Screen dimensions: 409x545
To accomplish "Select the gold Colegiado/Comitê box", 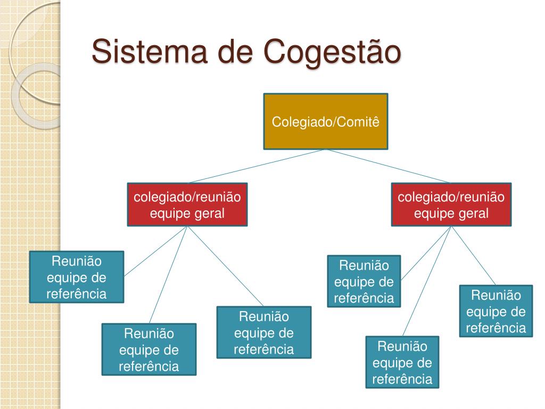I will coord(326,121).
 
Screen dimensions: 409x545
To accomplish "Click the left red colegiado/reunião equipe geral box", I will coord(187,205).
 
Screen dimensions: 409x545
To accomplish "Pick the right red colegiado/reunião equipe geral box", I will coord(451,205).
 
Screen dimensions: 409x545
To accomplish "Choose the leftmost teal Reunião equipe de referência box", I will coord(77,277).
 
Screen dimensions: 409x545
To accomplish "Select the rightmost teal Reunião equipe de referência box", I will coord(496,311).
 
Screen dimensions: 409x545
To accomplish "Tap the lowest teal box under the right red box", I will coord(402,362).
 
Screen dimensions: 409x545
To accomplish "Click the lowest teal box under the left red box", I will coord(149,349).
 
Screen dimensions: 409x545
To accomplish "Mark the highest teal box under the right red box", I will coord(364,281).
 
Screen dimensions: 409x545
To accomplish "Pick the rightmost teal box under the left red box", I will coord(264,332).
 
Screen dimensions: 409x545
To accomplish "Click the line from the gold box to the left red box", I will coord(257,166).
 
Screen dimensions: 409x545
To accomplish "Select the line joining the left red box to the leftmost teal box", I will coord(155,251).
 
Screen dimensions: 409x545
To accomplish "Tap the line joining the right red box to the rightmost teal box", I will coord(474,256).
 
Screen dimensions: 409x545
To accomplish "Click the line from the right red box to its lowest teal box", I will coord(427,281).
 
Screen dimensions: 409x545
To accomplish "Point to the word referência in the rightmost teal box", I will coord(496,328).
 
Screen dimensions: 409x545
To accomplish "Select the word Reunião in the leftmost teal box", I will coord(77,261).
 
